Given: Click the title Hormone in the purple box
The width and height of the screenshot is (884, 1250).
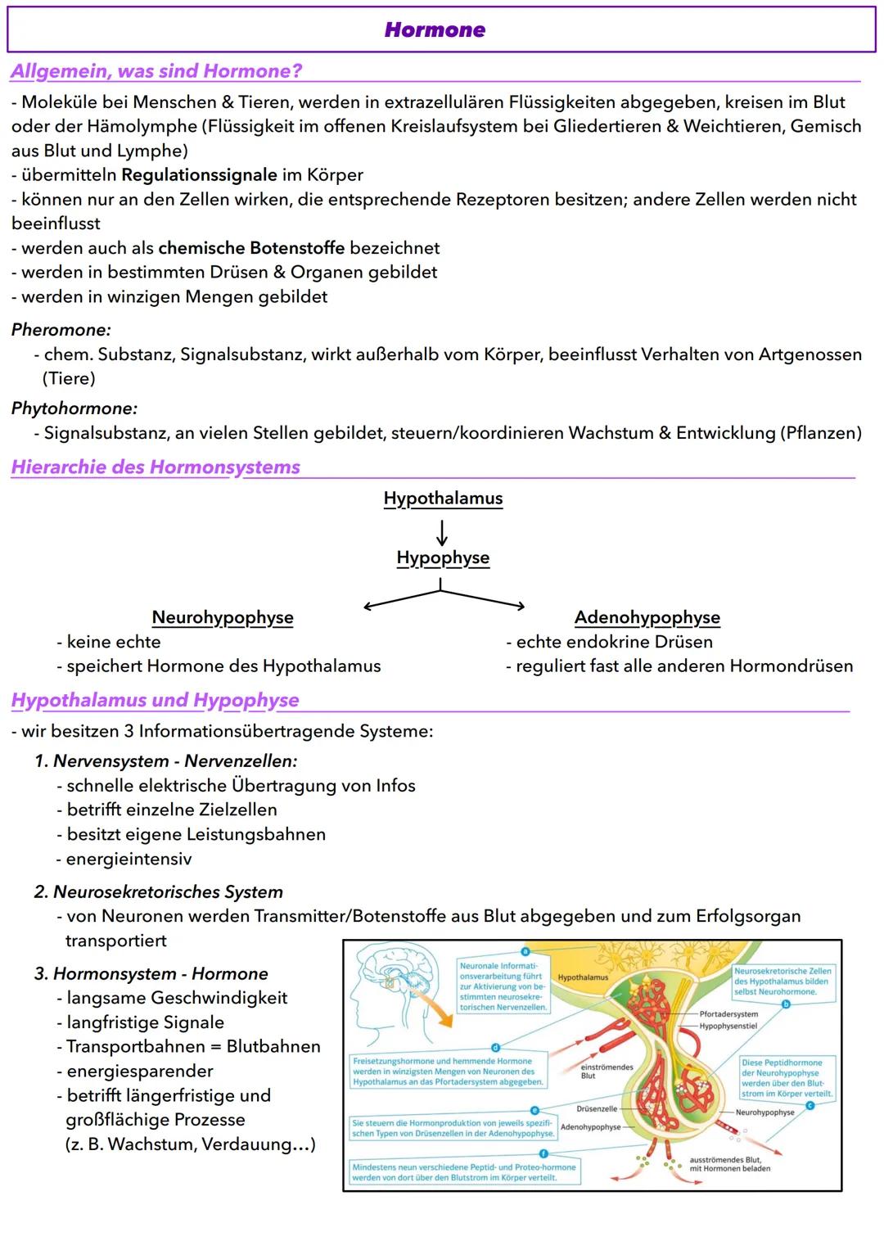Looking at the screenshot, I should coord(435,30).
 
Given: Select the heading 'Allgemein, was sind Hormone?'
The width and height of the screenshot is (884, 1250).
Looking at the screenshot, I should coord(156,71).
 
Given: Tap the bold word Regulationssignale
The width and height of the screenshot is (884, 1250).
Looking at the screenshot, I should coord(199,175).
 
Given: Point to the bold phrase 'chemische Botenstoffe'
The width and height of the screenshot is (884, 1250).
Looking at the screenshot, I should coord(251,248).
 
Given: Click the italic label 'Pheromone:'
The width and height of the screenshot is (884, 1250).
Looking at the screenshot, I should coord(61,330).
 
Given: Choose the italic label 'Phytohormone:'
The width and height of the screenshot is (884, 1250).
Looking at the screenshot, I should coord(74,408).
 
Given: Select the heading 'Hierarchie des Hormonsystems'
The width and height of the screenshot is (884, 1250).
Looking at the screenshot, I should coord(156,467).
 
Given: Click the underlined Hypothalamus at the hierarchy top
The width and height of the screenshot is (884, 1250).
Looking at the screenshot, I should coord(443,499).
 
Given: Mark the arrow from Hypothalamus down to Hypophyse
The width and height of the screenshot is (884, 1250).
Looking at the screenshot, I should coord(442,532).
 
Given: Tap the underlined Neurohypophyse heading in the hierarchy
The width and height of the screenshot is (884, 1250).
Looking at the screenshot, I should coord(223,617).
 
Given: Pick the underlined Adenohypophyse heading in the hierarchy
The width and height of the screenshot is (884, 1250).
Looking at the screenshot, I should coord(647,617).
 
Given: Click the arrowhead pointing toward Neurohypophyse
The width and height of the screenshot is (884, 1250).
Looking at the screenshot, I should coord(368,607).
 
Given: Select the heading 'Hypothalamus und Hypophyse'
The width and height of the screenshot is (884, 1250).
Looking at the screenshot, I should coord(155,701).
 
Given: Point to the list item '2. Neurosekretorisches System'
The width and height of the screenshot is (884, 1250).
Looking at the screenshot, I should coord(159,892).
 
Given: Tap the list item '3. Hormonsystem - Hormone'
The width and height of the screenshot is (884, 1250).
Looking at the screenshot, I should coord(151,974).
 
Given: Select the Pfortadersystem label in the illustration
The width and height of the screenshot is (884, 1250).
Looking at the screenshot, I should coord(728,1014).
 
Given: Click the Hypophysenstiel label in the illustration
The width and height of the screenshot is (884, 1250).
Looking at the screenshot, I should coord(728,1026).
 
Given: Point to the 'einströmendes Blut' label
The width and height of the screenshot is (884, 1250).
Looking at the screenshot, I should coord(606,1072).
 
